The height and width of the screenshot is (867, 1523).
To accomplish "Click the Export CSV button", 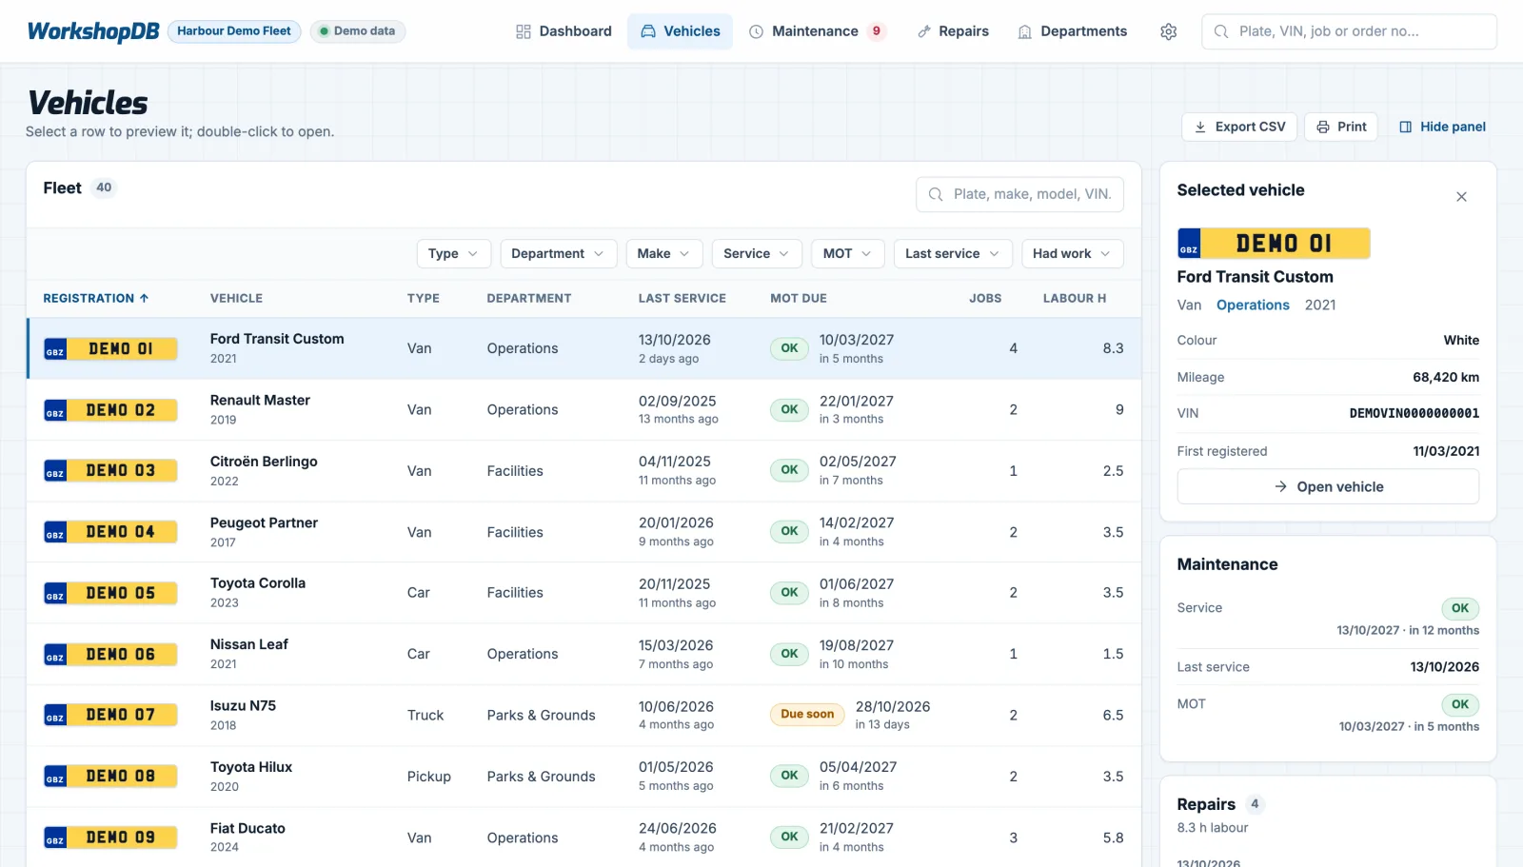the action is (x=1238, y=127).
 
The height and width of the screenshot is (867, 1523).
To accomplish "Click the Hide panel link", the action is (x=1442, y=127).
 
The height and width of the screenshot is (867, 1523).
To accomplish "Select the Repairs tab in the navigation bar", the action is (x=953, y=31).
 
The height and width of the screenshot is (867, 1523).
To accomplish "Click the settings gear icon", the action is (x=1168, y=31).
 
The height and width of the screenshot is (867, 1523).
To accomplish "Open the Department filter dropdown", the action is (x=558, y=254).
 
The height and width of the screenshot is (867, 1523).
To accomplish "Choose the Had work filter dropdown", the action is (x=1072, y=254).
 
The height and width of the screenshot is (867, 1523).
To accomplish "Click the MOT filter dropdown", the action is (x=847, y=254).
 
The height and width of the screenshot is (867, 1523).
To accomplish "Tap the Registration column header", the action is (x=96, y=298).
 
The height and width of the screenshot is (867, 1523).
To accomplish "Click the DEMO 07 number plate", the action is (x=110, y=715).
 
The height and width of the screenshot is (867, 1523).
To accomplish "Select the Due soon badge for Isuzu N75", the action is (x=807, y=714).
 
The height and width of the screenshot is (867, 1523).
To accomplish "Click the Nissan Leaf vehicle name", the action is (x=248, y=644).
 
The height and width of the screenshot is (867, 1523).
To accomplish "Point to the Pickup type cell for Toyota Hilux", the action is (x=429, y=776).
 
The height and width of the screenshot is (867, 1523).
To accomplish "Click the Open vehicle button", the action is (x=1328, y=486).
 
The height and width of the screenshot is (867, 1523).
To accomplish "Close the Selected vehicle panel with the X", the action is (x=1461, y=196).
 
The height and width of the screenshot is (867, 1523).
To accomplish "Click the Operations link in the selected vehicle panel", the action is (x=1253, y=305).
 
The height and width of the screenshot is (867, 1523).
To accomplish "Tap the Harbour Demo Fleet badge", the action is (x=234, y=31).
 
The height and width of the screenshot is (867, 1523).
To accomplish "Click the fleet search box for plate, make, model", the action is (x=1019, y=194).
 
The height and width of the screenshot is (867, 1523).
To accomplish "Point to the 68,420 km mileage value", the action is (x=1446, y=377).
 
